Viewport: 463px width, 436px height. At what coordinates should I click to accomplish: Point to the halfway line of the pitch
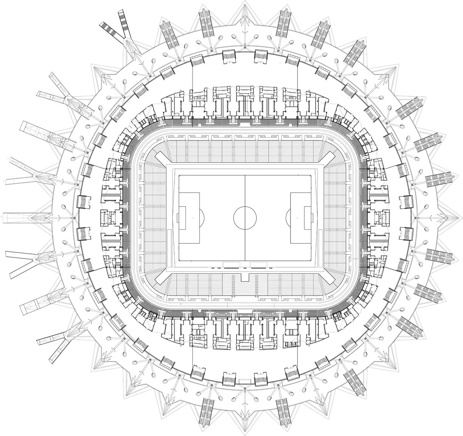coord(245,185)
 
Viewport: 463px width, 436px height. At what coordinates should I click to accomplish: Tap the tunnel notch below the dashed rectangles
coord(245,277)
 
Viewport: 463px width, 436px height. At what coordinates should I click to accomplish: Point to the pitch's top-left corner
coord(179,175)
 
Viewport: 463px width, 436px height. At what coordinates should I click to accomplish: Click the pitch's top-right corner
coord(311,175)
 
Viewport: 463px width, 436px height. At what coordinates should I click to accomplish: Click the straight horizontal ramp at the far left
coord(17,218)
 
